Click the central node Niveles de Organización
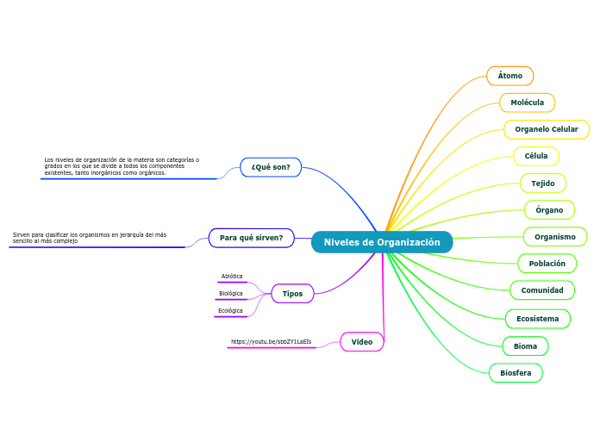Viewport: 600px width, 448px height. pos(382,242)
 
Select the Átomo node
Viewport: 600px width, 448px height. pos(510,76)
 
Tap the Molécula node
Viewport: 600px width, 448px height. pos(528,103)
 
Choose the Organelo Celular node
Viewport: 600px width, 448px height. pos(547,129)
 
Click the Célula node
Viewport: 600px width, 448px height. pos(536,156)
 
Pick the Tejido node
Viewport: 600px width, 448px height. pos(543,184)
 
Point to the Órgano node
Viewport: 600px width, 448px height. pos(549,210)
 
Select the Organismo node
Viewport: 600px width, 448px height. pos(555,237)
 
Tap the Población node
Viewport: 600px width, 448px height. pos(547,264)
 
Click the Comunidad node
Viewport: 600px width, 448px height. pos(542,290)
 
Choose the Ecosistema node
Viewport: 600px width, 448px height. pos(538,319)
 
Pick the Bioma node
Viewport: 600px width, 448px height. pos(525,346)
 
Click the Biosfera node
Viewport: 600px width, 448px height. pos(516,373)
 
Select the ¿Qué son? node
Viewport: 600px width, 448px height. pos(271,166)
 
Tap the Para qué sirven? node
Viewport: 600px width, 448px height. pos(252,237)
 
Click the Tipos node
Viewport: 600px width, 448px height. pos(293,294)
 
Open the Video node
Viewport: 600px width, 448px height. pos(362,342)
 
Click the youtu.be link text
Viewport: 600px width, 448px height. pos(272,342)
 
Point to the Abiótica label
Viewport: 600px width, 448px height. pos(232,277)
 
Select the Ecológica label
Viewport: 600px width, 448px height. pos(230,310)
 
